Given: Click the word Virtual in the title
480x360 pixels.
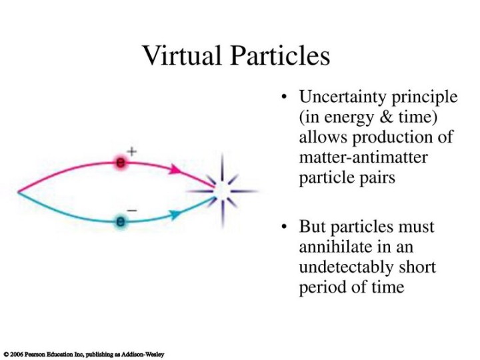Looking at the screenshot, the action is point(182,55).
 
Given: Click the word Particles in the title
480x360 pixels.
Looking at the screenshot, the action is point(280,55).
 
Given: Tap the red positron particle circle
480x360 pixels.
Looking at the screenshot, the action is point(121,163).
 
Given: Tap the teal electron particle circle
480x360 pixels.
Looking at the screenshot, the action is point(121,221).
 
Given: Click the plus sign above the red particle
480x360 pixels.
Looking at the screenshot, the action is point(132,151).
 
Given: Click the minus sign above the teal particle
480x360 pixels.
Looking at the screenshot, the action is point(132,210).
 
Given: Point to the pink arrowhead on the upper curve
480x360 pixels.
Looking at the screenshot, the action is point(175,169).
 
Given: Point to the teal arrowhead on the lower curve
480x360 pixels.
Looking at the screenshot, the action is point(175,214).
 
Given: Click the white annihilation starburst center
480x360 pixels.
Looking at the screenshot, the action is point(223,191).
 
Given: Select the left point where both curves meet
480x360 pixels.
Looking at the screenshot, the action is point(19,192).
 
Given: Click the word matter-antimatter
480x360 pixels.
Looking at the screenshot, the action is point(363,157).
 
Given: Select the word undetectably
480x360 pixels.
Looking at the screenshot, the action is point(346,267).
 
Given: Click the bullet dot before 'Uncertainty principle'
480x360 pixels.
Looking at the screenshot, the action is point(285,97).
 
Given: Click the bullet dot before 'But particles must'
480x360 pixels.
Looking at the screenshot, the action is point(285,227).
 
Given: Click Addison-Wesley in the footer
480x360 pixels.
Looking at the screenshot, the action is point(143,355).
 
